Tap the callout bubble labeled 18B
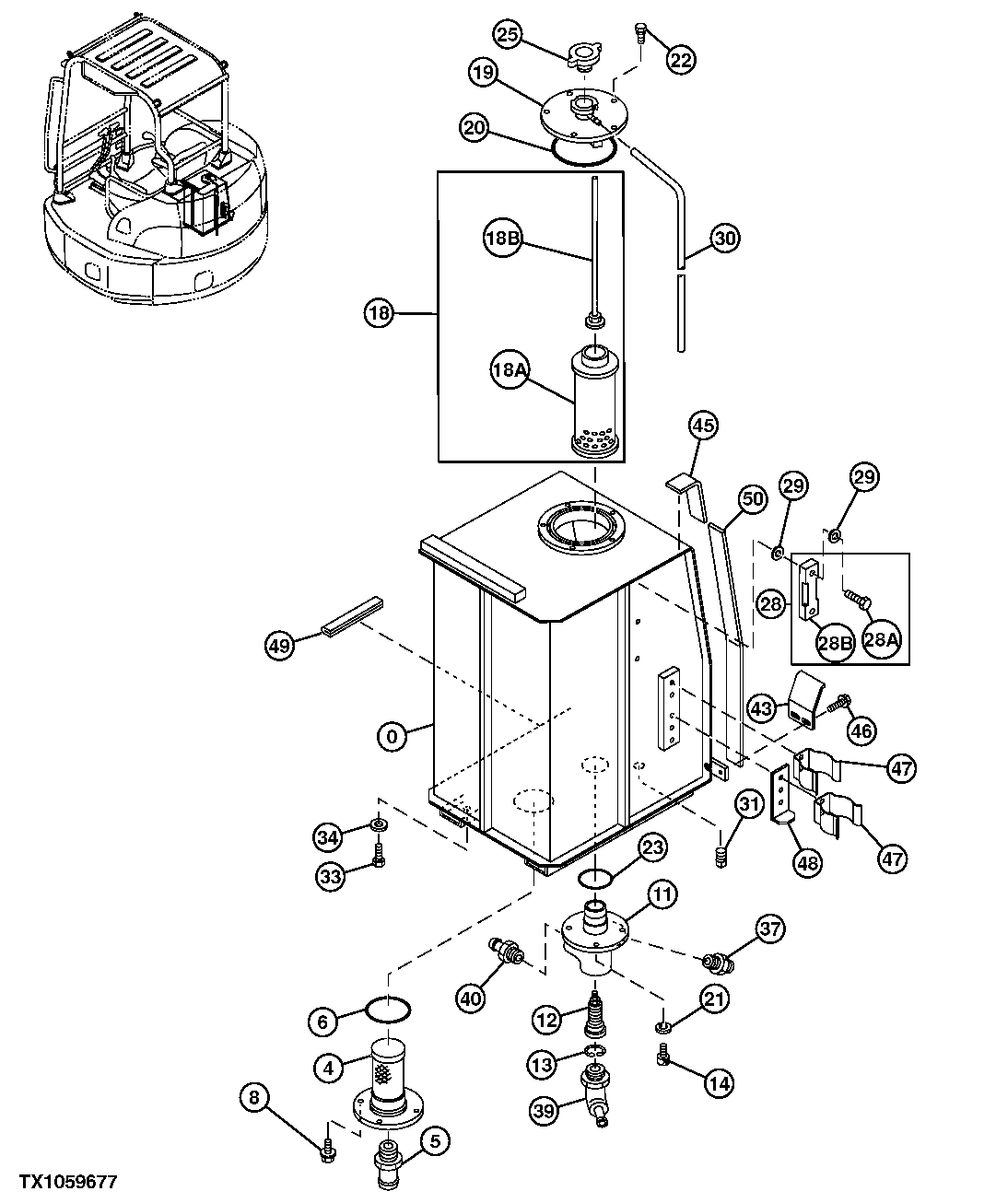502,238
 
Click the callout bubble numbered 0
393,736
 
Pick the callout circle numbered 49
280,646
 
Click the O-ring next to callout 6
388,1010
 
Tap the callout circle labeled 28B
834,643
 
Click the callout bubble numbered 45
703,426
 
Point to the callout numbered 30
725,239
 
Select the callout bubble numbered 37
771,929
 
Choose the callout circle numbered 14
719,1084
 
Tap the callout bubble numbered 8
256,1097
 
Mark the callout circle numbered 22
680,61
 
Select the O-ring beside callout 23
596,876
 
